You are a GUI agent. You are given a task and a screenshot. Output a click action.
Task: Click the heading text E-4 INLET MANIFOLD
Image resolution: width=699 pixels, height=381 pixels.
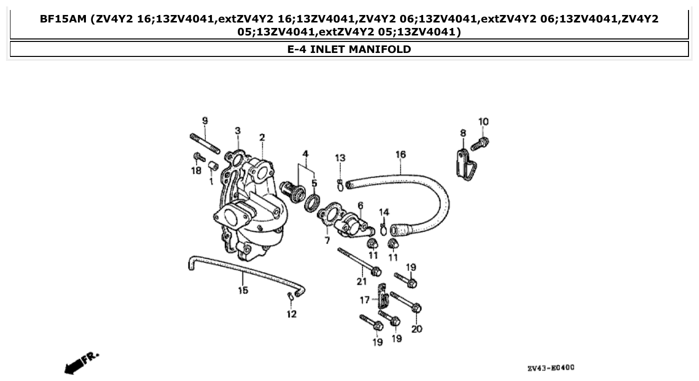coord(349,49)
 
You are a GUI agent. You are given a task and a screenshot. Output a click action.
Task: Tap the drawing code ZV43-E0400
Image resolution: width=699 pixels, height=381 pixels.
coord(551,368)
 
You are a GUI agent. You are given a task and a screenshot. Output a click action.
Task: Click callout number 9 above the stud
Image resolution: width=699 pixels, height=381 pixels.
coord(205,121)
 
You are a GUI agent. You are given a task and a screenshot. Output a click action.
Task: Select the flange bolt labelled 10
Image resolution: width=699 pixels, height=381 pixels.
coord(480,143)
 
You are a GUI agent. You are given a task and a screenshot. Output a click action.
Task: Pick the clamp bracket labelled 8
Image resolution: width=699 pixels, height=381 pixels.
coord(465,163)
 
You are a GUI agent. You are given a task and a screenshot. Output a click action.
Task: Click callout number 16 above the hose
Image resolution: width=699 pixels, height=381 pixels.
coord(401,154)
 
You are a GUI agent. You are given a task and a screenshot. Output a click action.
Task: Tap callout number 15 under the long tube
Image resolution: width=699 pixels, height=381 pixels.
coord(243,290)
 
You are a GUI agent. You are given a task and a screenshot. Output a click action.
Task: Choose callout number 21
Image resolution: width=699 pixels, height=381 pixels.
coord(362,282)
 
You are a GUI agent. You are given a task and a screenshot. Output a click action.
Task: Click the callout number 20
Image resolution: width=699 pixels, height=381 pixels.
coord(417,329)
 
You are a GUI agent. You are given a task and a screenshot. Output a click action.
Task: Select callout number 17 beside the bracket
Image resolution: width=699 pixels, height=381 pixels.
coord(365,300)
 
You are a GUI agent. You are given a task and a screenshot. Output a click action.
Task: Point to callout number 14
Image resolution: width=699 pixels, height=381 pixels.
coord(384,212)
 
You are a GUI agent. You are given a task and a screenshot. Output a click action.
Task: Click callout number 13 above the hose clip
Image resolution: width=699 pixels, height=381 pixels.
coord(340,158)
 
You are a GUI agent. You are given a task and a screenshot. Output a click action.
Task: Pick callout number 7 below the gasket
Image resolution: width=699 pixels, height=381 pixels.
coord(327,241)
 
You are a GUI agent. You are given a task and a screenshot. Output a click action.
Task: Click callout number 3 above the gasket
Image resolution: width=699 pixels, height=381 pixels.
coord(238,130)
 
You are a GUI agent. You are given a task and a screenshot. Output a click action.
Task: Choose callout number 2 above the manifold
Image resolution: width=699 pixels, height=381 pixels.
coord(262,137)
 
